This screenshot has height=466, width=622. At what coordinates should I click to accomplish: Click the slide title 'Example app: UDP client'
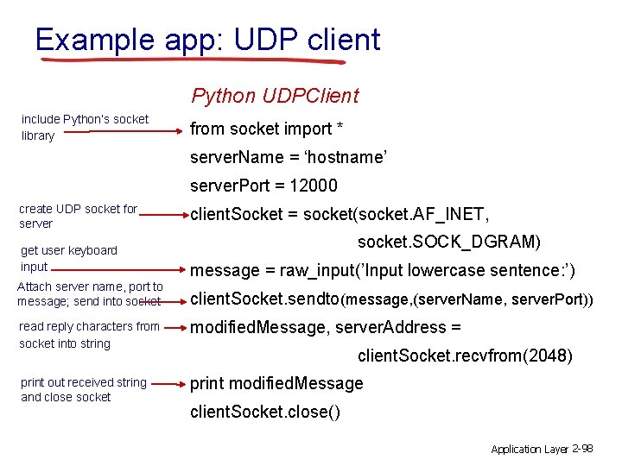pos(207,40)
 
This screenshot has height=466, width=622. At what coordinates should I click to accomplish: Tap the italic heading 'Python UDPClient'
pos(275,96)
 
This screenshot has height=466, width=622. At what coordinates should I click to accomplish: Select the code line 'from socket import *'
pos(266,129)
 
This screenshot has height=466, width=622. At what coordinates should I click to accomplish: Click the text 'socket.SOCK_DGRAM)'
pos(449,242)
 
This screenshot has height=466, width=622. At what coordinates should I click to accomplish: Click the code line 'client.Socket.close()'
pos(265,412)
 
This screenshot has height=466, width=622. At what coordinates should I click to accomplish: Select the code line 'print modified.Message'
pos(276,383)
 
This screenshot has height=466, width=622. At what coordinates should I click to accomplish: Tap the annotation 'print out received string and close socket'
pos(84,390)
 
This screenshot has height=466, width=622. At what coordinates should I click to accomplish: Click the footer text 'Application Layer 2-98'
pos(541,449)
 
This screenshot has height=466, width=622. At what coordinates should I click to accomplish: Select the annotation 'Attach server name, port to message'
pos(90,293)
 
